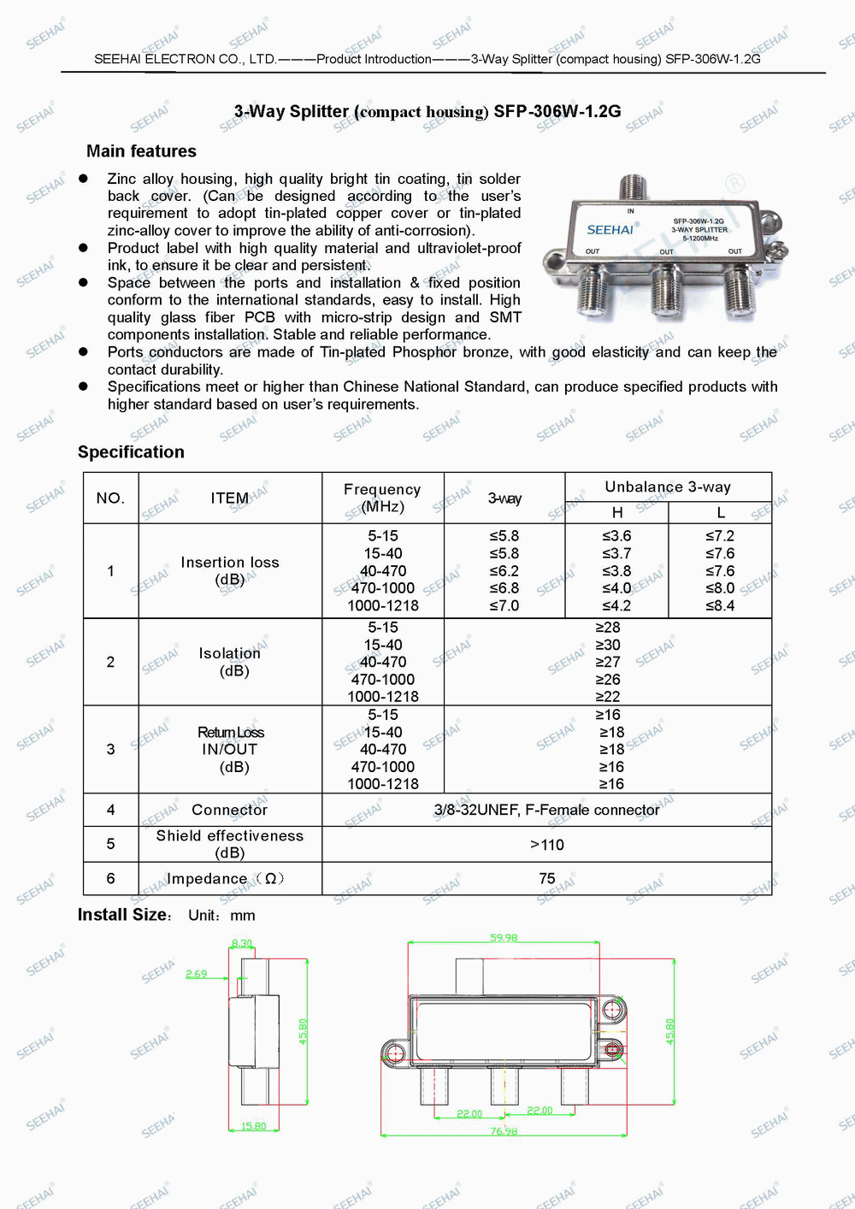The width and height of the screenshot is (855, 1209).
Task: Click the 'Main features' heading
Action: (141, 151)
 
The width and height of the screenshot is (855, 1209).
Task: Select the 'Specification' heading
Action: (131, 452)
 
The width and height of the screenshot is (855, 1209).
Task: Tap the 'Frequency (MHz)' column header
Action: (382, 498)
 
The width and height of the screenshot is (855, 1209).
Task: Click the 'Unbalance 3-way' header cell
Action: (668, 487)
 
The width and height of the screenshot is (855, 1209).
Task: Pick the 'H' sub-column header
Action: (617, 512)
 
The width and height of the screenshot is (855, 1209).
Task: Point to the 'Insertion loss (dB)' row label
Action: (230, 570)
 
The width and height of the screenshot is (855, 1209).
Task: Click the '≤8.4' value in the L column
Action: (720, 605)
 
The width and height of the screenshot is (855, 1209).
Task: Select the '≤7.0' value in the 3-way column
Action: (504, 605)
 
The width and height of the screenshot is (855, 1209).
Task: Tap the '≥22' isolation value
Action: (608, 696)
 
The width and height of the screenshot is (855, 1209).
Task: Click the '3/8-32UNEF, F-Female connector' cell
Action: (546, 810)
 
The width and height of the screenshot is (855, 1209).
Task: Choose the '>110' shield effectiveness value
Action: (547, 845)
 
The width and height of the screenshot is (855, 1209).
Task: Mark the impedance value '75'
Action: (547, 878)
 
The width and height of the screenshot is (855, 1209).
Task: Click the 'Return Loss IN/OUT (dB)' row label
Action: (230, 749)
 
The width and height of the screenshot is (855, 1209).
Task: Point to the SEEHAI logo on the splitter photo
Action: (610, 229)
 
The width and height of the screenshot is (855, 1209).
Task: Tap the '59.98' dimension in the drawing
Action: (504, 938)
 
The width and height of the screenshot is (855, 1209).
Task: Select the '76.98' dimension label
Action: (504, 1131)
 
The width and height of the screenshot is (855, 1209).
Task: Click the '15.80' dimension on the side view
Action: (253, 1126)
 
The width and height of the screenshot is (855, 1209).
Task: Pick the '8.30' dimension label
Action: (242, 944)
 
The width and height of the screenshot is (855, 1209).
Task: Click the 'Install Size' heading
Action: (123, 915)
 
